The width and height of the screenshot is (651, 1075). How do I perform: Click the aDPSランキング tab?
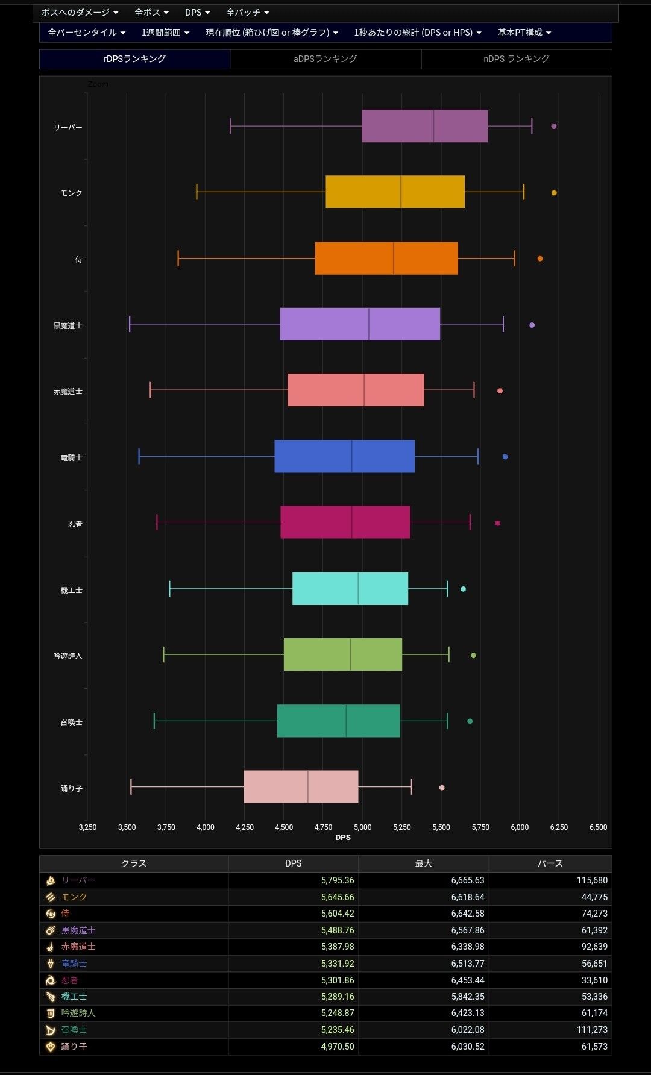325,59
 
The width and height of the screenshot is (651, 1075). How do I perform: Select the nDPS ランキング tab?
516,59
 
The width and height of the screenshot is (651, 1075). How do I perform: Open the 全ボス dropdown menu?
151,13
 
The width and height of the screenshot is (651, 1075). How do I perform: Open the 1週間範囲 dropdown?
165,33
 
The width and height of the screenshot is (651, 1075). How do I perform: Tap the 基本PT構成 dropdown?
524,33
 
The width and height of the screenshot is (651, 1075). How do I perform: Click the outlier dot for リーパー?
554,127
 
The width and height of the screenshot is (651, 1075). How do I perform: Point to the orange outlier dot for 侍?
540,259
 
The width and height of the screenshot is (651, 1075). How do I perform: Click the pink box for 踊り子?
301,786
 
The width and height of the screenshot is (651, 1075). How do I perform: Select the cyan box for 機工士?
350,589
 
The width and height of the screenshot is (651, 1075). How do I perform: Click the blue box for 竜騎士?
344,456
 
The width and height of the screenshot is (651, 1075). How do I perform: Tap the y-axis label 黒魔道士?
68,326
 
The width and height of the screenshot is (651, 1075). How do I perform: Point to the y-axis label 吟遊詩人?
68,656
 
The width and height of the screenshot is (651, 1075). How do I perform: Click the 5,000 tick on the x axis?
362,827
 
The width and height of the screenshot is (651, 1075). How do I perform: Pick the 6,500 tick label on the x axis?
598,827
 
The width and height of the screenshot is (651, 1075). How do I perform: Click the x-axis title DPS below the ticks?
343,837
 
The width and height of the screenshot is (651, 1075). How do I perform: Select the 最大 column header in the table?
423,863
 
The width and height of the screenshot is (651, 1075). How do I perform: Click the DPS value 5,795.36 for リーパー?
338,880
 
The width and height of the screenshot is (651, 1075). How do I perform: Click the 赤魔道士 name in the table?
78,947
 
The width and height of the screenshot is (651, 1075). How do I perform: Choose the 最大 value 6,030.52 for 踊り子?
468,1047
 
